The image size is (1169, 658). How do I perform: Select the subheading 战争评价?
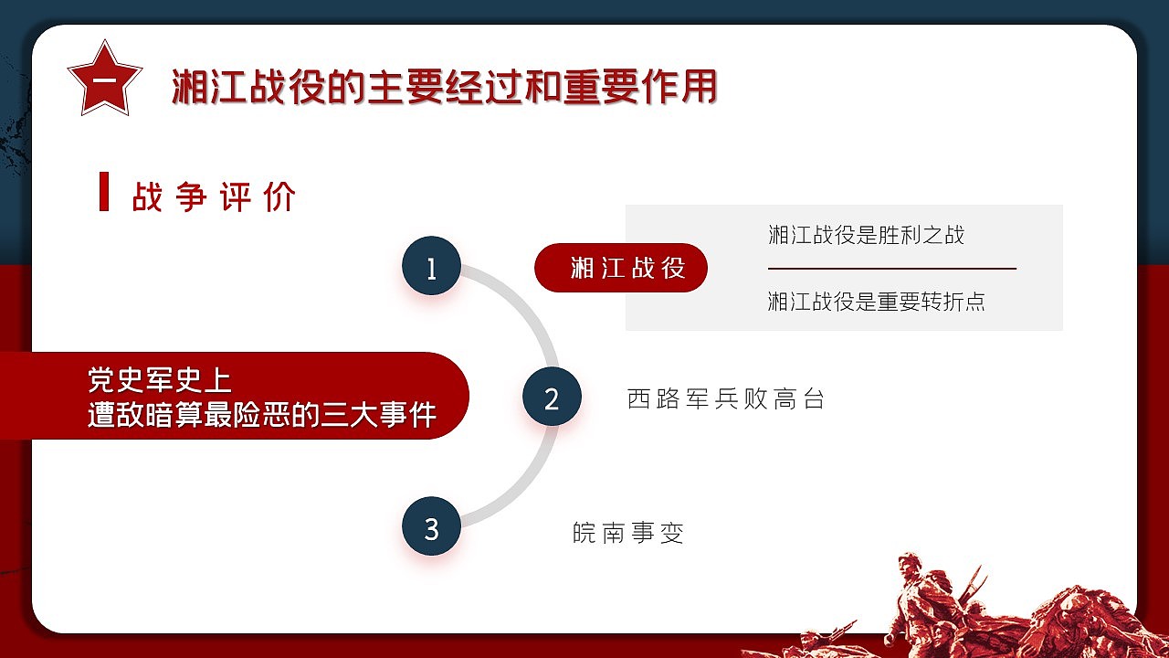pos(215,196)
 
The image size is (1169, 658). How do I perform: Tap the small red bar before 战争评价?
pos(104,192)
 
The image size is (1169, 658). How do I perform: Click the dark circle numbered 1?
pos(431,268)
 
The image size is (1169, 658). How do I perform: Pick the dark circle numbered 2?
pos(552,398)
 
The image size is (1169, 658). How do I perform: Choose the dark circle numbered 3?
pos(431,528)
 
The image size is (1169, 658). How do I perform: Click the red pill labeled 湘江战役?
pos(621,268)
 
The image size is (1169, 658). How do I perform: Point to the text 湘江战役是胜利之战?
pos(866,235)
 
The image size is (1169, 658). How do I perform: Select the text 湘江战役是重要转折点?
pos(877,302)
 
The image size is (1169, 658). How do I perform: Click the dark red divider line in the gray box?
pos(891,269)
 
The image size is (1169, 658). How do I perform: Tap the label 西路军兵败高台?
pos(726,398)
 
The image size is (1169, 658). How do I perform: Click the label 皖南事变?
pos(628,532)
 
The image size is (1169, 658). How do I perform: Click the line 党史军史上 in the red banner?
pos(160,379)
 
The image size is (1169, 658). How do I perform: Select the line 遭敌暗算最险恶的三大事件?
pos(261,414)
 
